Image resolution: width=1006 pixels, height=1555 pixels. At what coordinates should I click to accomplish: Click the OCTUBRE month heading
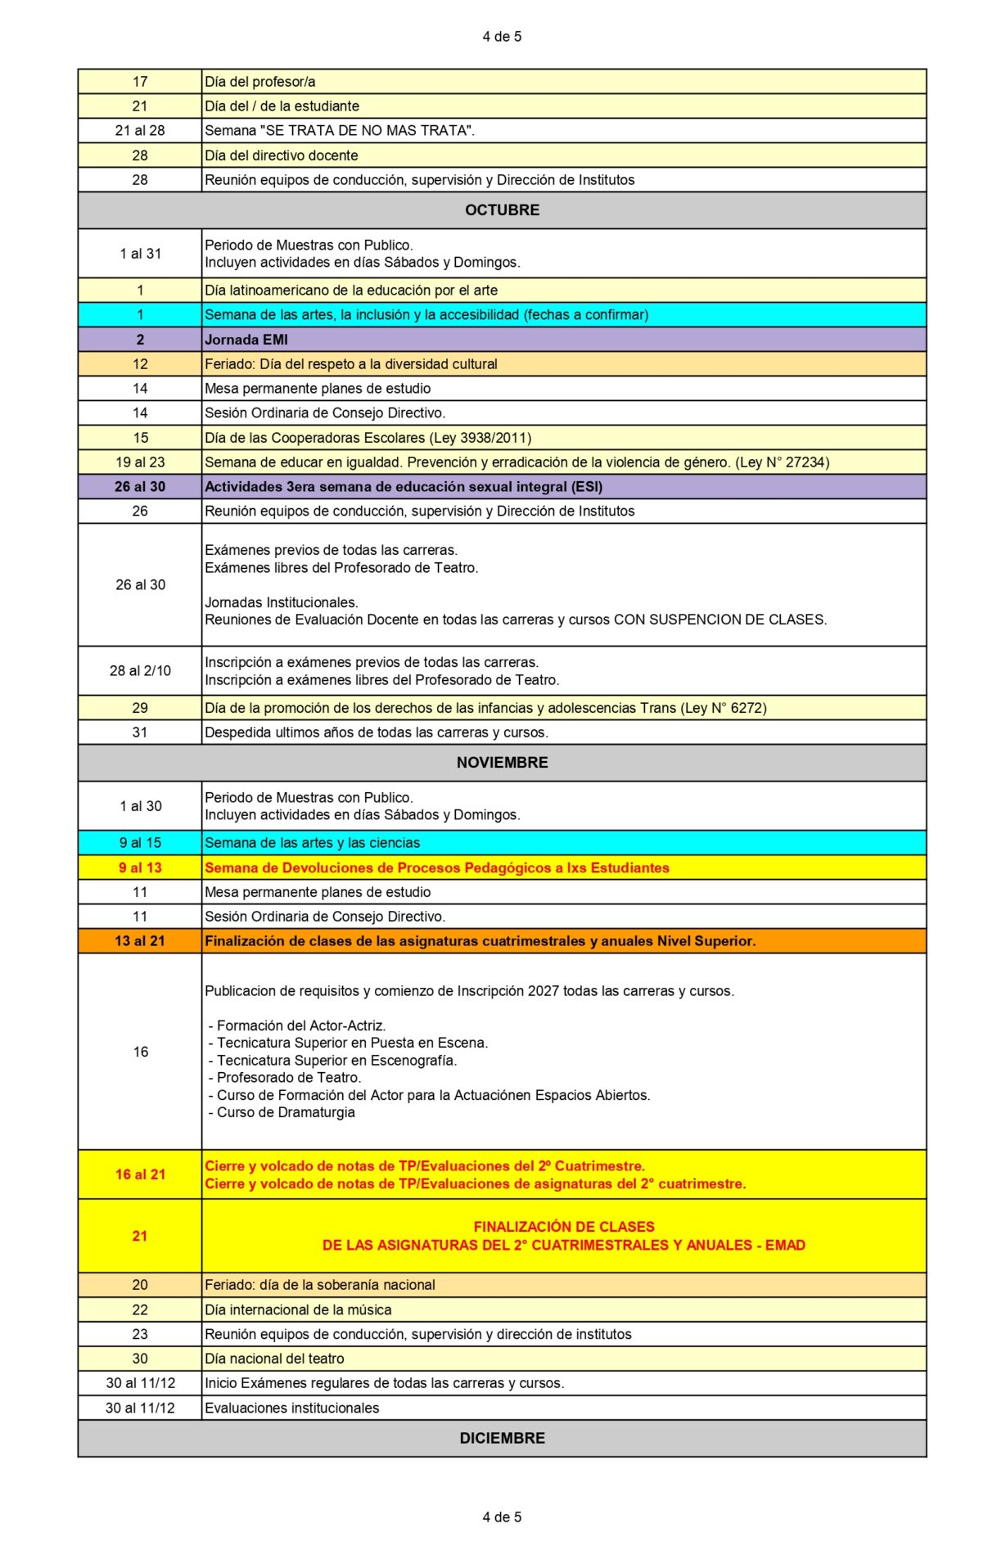point(502,210)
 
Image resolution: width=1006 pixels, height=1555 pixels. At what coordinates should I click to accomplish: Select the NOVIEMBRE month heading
point(502,763)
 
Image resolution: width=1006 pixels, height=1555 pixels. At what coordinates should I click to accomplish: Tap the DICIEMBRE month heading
point(502,1438)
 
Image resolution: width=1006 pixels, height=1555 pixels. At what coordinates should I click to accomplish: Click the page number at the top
point(502,37)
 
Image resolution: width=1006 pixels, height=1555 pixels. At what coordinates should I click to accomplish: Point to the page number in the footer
point(502,1517)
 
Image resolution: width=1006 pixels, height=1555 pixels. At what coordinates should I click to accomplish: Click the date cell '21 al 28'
point(140,131)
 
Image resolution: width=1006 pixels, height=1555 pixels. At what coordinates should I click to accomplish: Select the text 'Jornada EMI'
point(246,340)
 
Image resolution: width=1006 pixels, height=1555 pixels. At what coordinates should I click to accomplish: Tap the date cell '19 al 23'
point(140,462)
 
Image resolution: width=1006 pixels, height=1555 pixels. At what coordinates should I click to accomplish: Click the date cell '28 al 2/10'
point(140,671)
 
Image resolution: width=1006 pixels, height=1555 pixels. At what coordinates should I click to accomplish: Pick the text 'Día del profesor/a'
point(260,82)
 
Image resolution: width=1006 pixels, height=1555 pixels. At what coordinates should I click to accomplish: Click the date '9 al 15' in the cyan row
point(140,843)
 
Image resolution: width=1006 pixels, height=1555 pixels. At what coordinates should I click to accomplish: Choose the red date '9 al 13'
point(140,868)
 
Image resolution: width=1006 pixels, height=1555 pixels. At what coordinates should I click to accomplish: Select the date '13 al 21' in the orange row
point(140,941)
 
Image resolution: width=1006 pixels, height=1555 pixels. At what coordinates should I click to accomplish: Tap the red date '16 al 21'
point(140,1174)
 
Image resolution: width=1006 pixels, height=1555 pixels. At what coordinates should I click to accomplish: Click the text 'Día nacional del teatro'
point(274,1359)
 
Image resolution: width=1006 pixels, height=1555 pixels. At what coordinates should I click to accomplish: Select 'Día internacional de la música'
point(298,1309)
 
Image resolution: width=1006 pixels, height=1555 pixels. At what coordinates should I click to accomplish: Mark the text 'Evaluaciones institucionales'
point(292,1408)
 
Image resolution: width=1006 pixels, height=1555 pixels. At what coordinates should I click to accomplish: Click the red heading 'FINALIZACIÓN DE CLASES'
point(564,1227)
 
